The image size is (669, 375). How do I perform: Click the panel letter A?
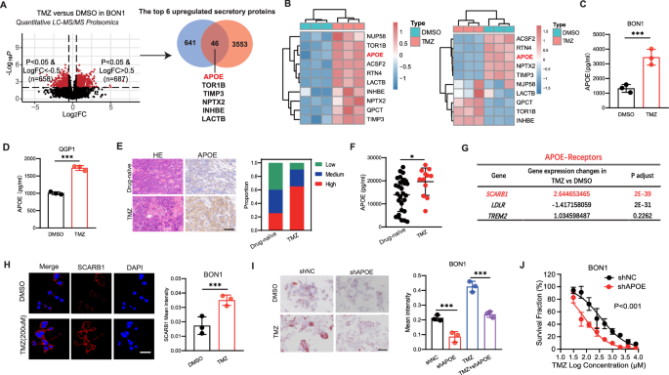click(x=7, y=8)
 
